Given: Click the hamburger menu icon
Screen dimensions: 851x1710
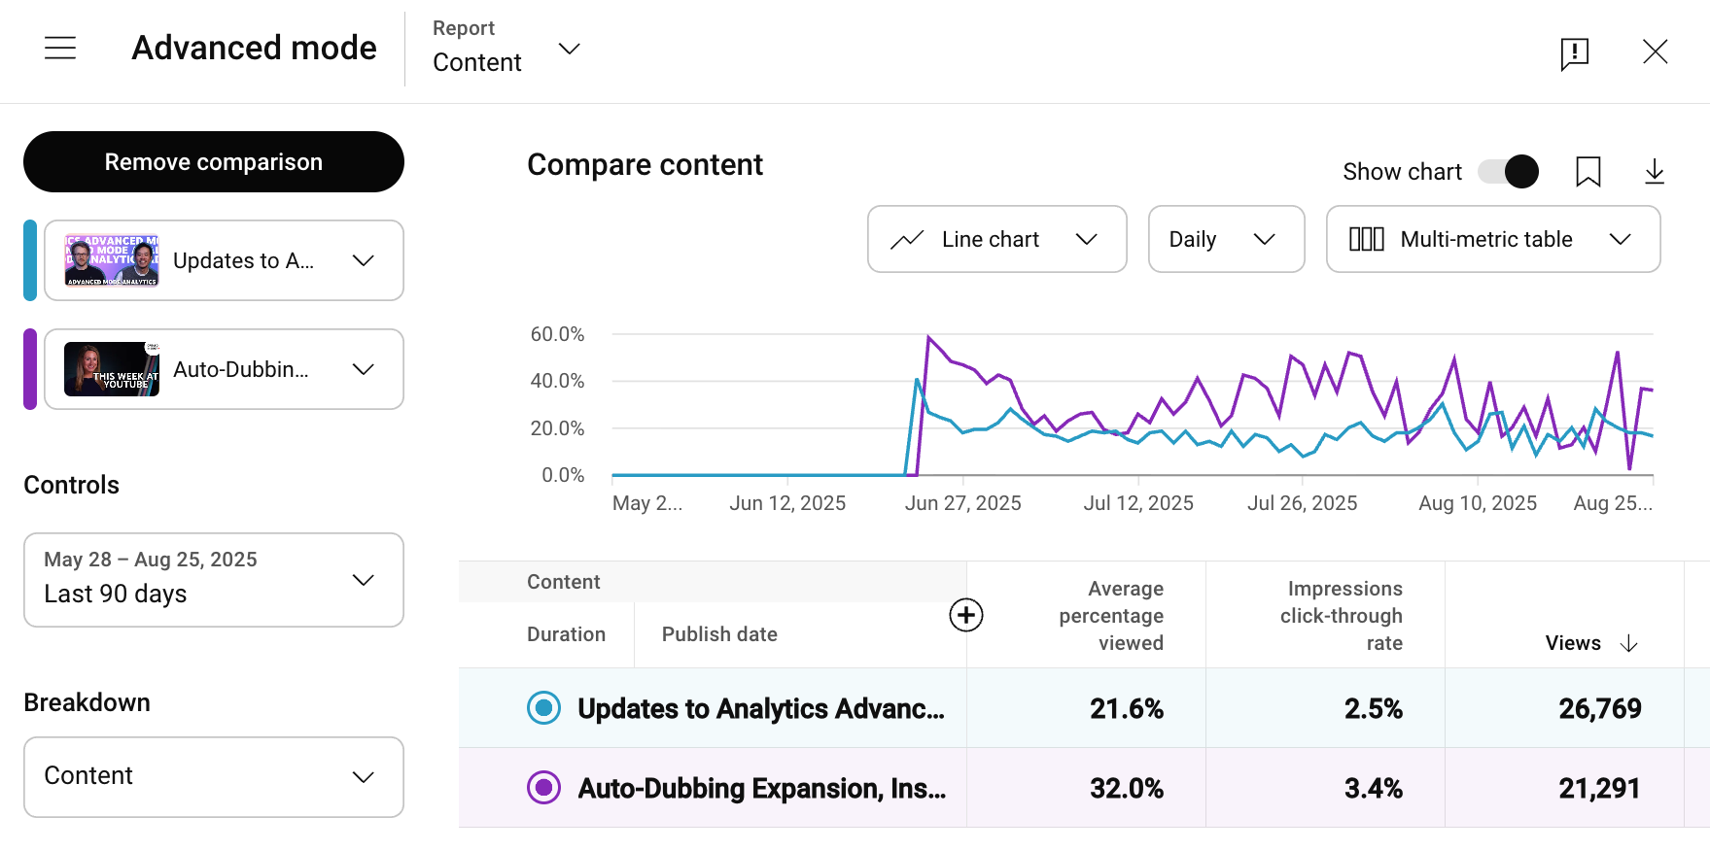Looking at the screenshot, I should [x=60, y=49].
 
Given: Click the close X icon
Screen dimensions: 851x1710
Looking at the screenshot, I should [x=1655, y=51].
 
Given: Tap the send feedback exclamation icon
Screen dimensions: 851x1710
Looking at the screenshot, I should [x=1574, y=53].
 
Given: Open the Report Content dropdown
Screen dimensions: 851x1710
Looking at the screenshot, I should [x=506, y=49].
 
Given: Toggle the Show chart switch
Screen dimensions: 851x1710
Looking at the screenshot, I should [x=1508, y=172].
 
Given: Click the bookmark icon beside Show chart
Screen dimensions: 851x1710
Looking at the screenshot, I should [x=1588, y=172].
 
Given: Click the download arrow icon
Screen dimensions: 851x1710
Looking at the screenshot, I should [x=1654, y=172].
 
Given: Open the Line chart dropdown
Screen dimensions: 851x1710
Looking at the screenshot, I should [x=996, y=239].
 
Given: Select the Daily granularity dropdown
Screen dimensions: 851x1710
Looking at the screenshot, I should [x=1225, y=239].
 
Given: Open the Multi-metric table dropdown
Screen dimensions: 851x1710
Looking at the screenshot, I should [x=1492, y=239].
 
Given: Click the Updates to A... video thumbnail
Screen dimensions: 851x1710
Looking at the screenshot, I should [x=112, y=260].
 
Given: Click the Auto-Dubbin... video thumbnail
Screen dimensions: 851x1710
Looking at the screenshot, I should [x=112, y=369].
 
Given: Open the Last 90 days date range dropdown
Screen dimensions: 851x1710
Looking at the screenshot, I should [x=214, y=580].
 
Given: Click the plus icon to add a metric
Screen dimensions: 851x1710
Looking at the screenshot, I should [x=965, y=615].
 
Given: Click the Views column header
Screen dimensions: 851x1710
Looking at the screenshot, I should [x=1573, y=643].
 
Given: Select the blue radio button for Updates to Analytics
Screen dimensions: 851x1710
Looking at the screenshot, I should [x=543, y=708].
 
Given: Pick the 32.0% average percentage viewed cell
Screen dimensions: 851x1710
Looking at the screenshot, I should [x=1126, y=788].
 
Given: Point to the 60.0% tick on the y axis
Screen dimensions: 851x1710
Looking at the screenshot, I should [x=557, y=334].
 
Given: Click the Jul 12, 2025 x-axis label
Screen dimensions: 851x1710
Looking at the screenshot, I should [x=1138, y=503].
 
